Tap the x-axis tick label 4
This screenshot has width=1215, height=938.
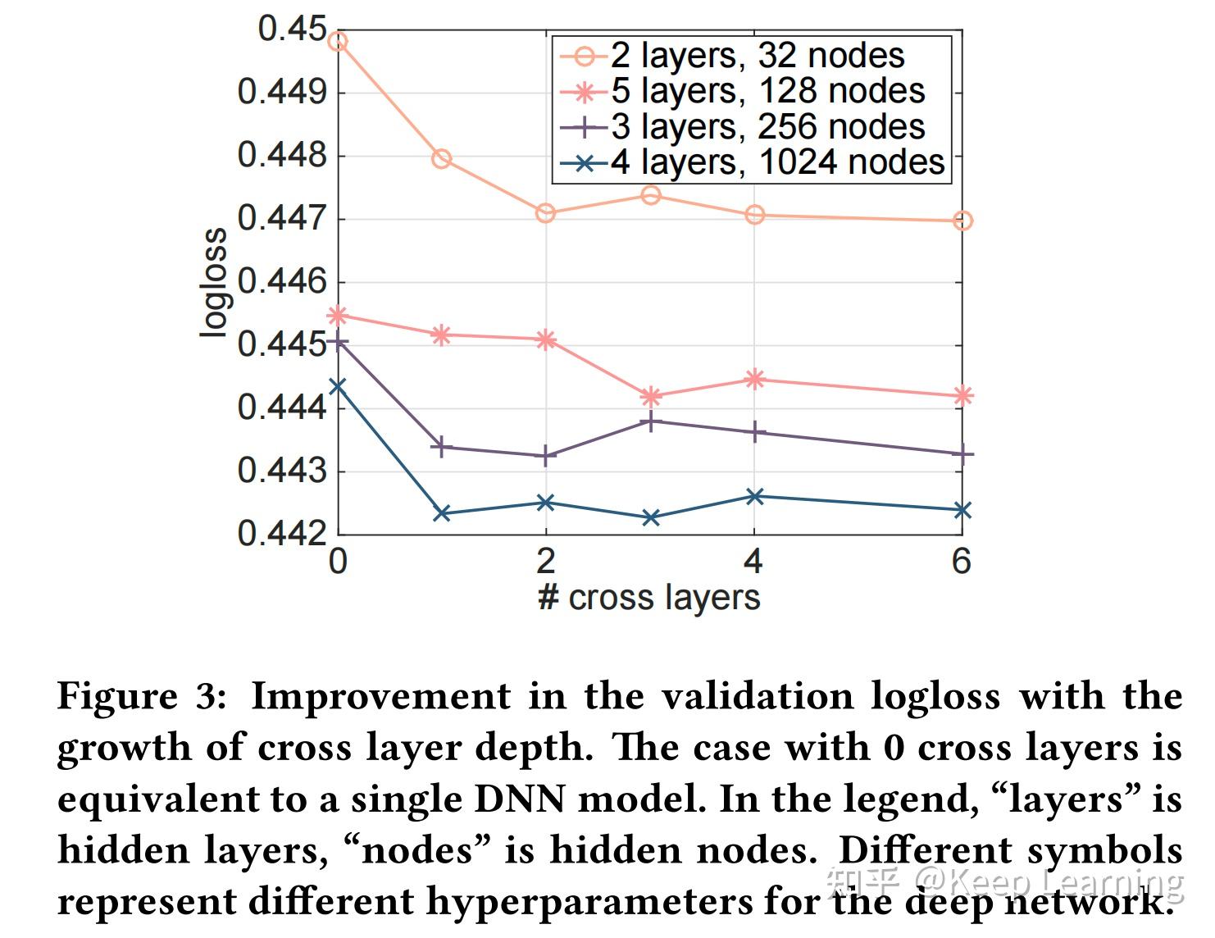coord(753,562)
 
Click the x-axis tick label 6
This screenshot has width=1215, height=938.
coord(962,562)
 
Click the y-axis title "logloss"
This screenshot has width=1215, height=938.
coord(214,282)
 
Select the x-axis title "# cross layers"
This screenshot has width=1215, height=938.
coord(648,598)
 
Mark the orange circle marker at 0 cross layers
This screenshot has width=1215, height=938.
coord(338,41)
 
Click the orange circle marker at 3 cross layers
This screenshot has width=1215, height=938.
coord(651,195)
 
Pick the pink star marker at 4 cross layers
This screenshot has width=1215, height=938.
coord(755,379)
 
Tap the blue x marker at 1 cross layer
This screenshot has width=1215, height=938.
coord(442,513)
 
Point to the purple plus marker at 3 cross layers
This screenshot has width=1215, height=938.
coord(651,421)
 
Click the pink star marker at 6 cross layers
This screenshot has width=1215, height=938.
coord(963,396)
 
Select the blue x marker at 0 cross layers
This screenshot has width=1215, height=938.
coord(338,385)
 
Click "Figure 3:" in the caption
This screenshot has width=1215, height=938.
coord(141,697)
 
